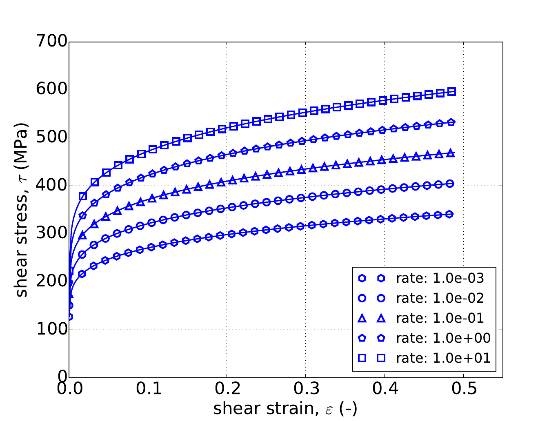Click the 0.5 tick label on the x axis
[x=463, y=389]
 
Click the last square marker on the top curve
[x=451, y=91]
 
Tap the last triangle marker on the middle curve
[x=451, y=153]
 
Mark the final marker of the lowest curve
[x=450, y=214]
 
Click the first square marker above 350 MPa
[x=83, y=196]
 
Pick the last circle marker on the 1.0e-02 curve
[x=450, y=184]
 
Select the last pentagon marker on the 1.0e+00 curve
[x=451, y=122]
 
